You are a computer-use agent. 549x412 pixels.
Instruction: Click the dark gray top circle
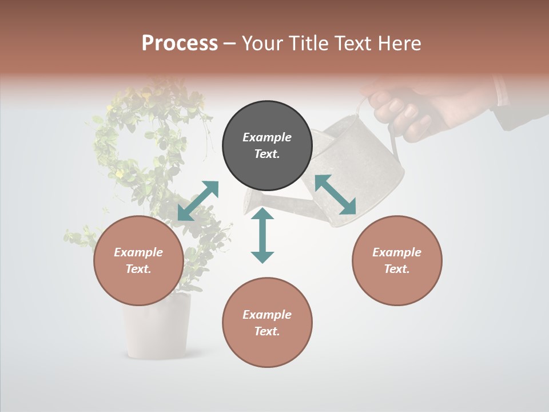click(267, 146)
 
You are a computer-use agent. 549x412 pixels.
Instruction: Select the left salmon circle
click(138, 260)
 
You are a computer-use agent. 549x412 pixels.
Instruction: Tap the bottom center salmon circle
click(267, 323)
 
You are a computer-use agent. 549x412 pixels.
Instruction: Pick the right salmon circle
click(397, 260)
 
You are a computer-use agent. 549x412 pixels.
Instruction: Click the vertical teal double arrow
click(262, 235)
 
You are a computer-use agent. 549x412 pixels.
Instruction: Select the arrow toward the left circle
click(198, 200)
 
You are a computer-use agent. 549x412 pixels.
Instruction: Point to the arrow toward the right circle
click(335, 195)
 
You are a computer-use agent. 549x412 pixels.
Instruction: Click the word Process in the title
click(180, 43)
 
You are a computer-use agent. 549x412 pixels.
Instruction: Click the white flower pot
click(156, 326)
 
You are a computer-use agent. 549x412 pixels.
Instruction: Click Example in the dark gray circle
click(267, 137)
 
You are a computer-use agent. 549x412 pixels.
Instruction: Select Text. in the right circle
click(397, 269)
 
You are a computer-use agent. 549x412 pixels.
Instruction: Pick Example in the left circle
click(138, 252)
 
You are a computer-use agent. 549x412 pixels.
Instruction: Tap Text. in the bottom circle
click(267, 331)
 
